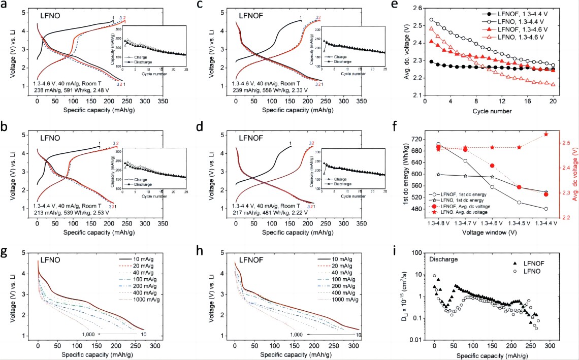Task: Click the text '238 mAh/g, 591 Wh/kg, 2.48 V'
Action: tap(71, 89)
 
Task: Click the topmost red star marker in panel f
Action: tap(546, 134)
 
